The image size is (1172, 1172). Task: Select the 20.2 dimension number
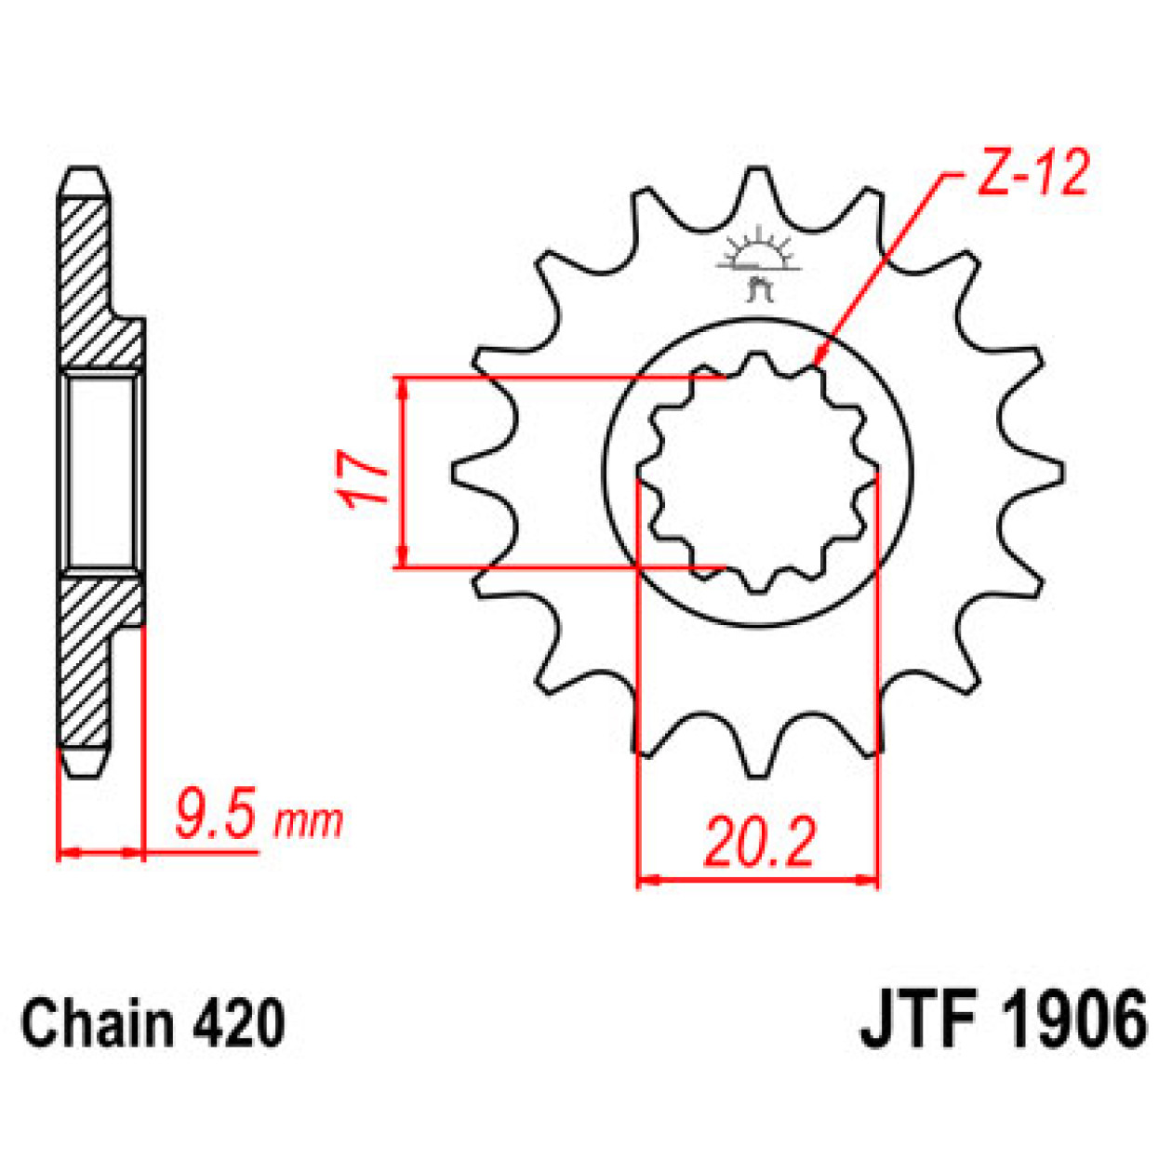click(x=759, y=843)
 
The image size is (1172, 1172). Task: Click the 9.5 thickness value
click(x=215, y=815)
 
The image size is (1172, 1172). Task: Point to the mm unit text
click(x=309, y=820)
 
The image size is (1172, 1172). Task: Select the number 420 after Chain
click(x=238, y=1023)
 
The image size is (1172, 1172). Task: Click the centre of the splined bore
click(x=758, y=474)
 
